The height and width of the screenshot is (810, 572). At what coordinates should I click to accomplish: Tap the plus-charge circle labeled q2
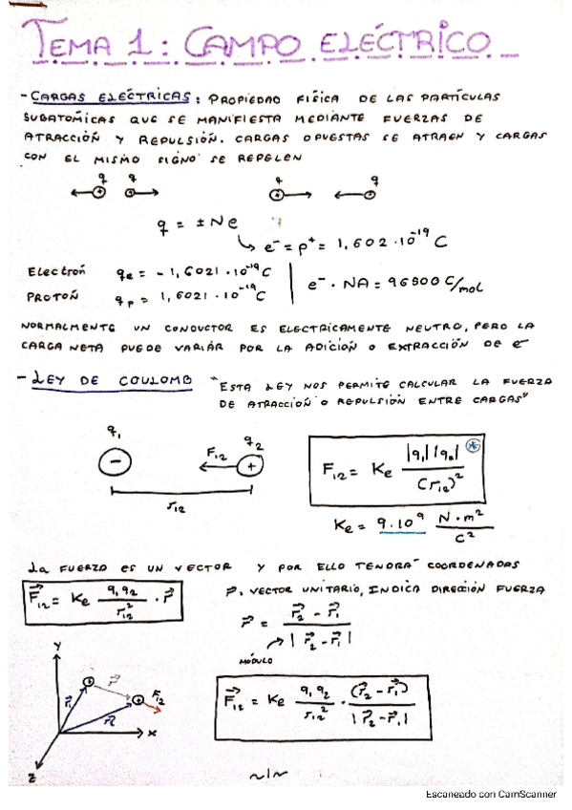(251, 466)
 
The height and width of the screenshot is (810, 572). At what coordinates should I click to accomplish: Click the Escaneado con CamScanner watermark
(491, 795)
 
